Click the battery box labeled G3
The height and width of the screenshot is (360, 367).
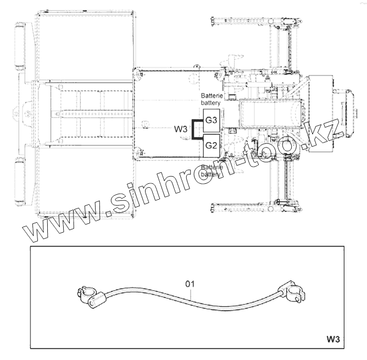coord(212,120)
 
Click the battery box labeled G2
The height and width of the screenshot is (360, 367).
coord(212,145)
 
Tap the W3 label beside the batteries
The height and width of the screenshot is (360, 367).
coord(181,129)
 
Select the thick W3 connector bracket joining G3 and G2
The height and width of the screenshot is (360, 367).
coord(193,130)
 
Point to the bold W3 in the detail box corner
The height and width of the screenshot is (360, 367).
coord(333,339)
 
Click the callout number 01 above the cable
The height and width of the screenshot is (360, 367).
coord(190,284)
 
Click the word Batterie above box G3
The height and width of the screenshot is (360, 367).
coord(212,95)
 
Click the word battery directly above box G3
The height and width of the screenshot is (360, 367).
coord(210,103)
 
